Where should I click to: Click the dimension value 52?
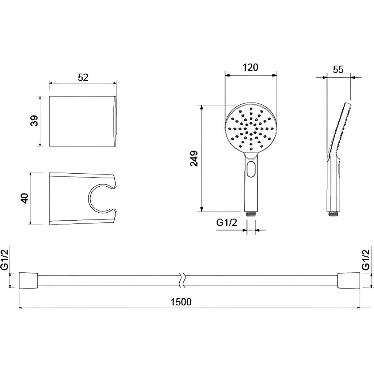click(x=83, y=77)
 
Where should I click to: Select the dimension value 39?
click(x=35, y=121)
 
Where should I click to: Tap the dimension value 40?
click(x=25, y=198)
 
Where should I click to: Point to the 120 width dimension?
click(x=251, y=68)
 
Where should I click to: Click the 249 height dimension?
click(x=194, y=158)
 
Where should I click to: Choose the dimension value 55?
click(x=338, y=70)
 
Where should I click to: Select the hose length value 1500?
click(x=181, y=302)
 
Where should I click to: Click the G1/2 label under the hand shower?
click(x=227, y=222)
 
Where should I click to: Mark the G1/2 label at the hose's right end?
click(x=366, y=260)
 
